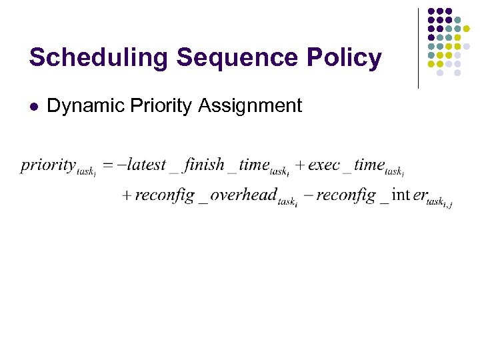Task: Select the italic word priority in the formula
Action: tap(48, 165)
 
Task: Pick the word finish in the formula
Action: tap(204, 164)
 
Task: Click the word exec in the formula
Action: tap(324, 164)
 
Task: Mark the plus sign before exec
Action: tap(300, 165)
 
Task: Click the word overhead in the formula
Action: tap(243, 195)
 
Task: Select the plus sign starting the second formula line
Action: tap(127, 196)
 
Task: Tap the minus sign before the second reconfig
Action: tap(307, 196)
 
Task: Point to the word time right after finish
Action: tap(255, 164)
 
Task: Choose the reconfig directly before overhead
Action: tap(165, 195)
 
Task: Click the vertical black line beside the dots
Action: tap(418, 48)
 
